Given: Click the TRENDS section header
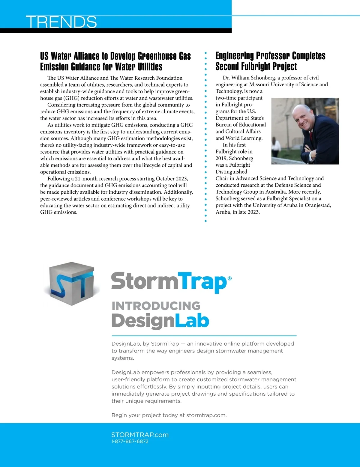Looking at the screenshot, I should [61, 22].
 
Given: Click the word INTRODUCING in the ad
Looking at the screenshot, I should [156, 306].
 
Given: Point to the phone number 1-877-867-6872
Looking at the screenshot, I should [130, 442].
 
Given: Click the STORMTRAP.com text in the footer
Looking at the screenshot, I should [140, 435].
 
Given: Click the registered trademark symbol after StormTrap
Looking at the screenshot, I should [230, 278].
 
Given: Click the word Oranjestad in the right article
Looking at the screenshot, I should [318, 205].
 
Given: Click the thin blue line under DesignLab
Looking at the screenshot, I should [204, 336].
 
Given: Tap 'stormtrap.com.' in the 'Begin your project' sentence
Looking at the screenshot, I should [206, 415].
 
